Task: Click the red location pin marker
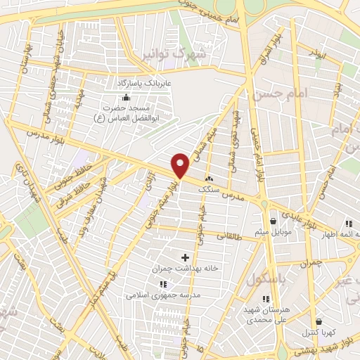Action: click(181, 165)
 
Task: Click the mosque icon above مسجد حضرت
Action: click(125, 96)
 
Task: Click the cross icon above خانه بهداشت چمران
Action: click(186, 258)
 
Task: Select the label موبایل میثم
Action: click(271, 231)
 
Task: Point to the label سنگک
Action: click(209, 191)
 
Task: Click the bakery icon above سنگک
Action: click(208, 179)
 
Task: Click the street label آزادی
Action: click(148, 186)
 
